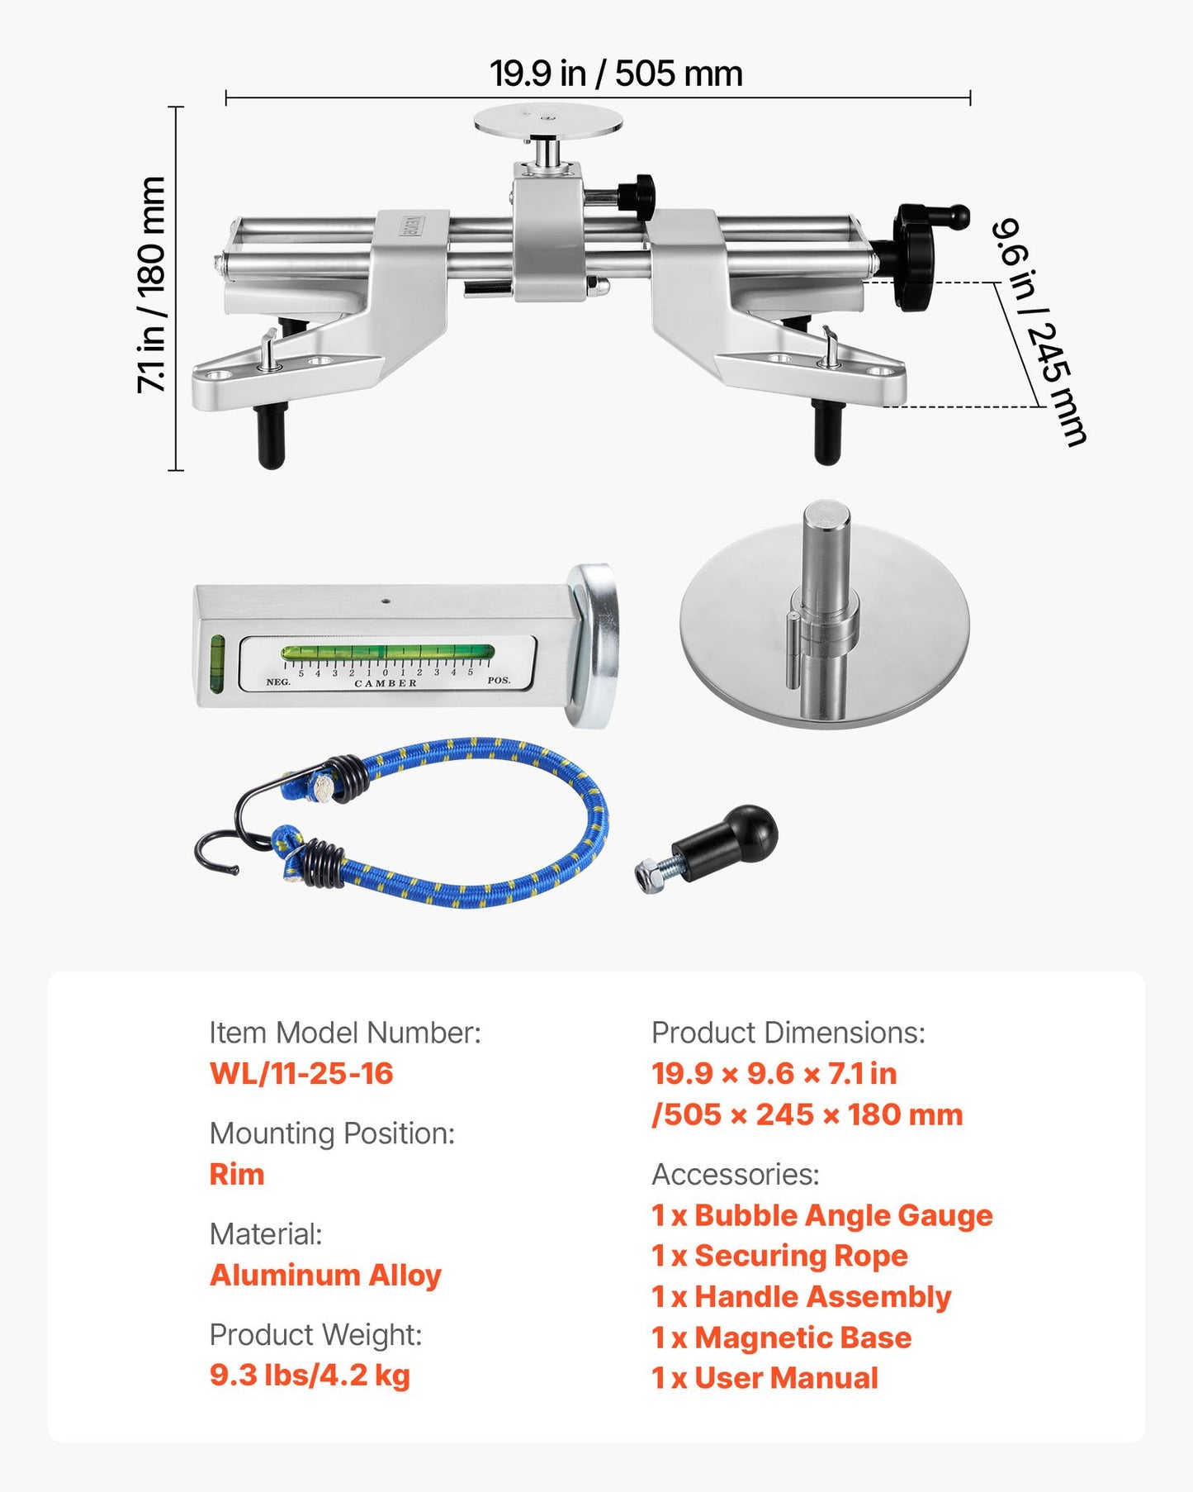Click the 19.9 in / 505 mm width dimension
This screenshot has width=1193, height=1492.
616,74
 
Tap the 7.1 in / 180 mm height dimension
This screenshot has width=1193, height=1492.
152,285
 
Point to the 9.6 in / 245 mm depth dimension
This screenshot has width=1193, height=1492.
1039,331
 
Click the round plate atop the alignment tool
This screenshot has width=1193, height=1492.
547,121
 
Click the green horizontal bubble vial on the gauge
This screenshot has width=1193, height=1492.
387,653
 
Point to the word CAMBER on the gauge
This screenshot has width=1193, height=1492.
386,684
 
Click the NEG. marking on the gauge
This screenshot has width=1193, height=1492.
278,682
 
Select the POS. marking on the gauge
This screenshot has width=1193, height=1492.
499,681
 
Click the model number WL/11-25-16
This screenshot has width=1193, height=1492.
301,1073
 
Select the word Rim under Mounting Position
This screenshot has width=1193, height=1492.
237,1174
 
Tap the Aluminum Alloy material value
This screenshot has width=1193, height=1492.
325,1276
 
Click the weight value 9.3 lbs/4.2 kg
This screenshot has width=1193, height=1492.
310,1376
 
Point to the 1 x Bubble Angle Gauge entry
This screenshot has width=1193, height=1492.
822,1215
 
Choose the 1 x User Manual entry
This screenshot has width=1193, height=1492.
765,1378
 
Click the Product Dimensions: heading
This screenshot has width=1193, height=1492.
788,1033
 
